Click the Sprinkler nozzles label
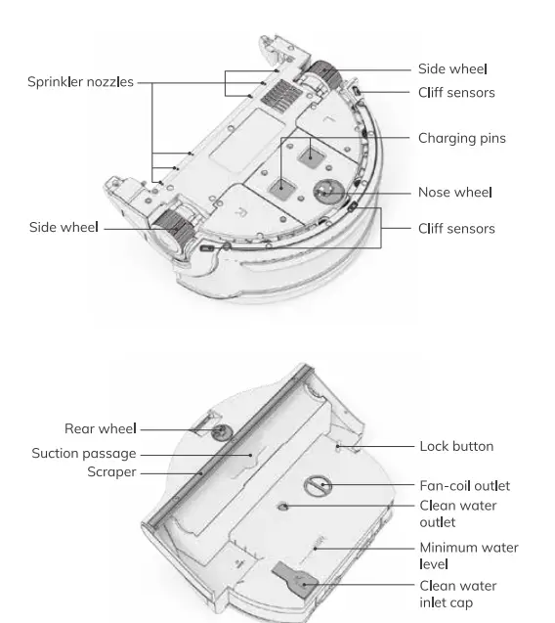pyautogui.click(x=80, y=82)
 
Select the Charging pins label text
pyautogui.click(x=461, y=138)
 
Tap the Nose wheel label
pyautogui.click(x=454, y=193)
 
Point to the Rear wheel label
pyautogui.click(x=100, y=428)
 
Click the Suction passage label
pyautogui.click(x=84, y=454)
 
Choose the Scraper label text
pyautogui.click(x=111, y=472)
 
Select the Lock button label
pyautogui.click(x=456, y=446)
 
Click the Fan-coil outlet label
pyautogui.click(x=464, y=486)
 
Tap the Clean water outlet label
pyautogui.click(x=457, y=513)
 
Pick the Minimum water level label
pyautogui.click(x=468, y=556)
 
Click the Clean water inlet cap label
pyautogui.click(x=457, y=594)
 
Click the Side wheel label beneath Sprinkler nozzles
pyautogui.click(x=64, y=228)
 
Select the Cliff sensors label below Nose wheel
pyautogui.click(x=456, y=229)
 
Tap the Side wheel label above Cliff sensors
pyautogui.click(x=452, y=68)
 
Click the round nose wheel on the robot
pyautogui.click(x=323, y=191)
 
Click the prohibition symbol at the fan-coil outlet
pyautogui.click(x=317, y=485)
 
